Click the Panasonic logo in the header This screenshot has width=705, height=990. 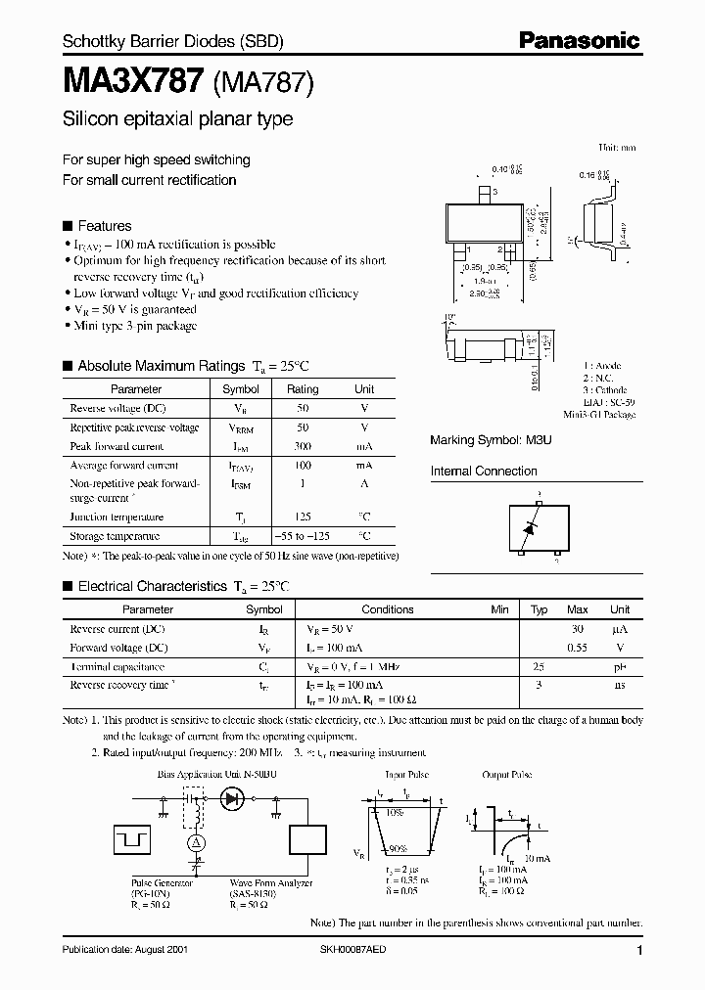click(x=580, y=40)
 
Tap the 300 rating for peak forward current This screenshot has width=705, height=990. click(x=303, y=446)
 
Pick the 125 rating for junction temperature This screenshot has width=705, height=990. click(x=303, y=517)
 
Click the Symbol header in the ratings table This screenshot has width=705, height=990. click(x=241, y=388)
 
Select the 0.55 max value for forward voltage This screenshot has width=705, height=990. click(x=578, y=648)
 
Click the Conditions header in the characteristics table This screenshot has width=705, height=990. click(x=388, y=608)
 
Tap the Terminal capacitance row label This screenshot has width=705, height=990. click(x=118, y=666)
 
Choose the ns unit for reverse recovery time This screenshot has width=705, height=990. click(x=620, y=685)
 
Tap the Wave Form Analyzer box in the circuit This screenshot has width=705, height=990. click(x=310, y=840)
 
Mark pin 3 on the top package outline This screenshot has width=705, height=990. click(x=483, y=192)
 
